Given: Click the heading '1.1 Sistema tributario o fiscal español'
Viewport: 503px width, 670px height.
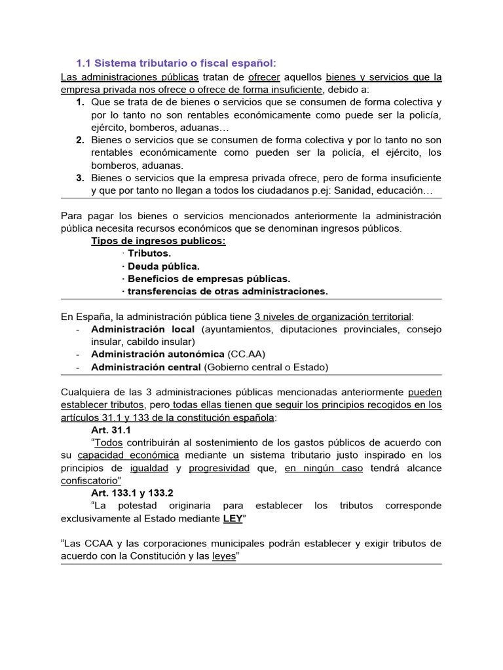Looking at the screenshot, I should [x=176, y=63].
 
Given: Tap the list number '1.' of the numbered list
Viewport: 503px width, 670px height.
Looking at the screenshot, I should [x=80, y=103].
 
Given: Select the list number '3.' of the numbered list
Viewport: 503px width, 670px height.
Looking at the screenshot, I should [x=80, y=178].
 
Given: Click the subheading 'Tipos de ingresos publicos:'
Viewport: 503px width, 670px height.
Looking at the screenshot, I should [x=158, y=241].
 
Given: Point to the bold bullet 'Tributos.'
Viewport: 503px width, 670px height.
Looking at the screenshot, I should [x=149, y=253].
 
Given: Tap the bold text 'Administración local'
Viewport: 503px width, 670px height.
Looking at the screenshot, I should [x=143, y=329].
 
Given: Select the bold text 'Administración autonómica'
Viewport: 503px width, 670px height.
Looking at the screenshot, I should [x=158, y=354].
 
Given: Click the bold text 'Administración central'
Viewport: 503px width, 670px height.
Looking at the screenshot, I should [x=146, y=367].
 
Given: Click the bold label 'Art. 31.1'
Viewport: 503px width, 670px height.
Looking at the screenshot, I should [x=111, y=430].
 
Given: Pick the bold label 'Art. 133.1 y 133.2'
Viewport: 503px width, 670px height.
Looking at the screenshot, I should [x=132, y=493].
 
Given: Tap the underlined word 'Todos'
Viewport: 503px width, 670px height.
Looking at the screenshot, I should [x=109, y=442].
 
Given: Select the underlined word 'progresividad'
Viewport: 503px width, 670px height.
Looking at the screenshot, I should [x=219, y=468].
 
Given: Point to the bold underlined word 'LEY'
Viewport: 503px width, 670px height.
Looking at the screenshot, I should [x=233, y=518].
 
